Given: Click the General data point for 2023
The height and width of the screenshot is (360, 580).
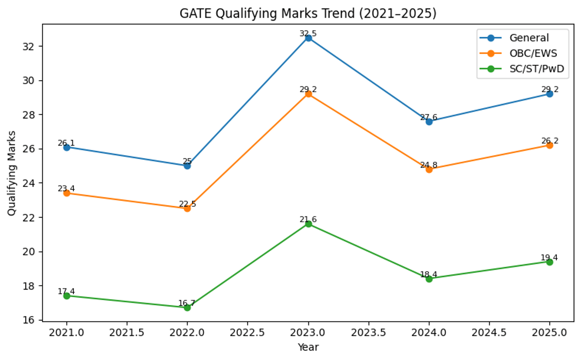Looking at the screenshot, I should (x=308, y=38).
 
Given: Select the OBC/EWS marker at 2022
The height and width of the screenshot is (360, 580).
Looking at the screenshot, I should (x=187, y=208).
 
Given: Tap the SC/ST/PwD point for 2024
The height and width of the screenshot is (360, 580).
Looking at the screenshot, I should (x=429, y=279).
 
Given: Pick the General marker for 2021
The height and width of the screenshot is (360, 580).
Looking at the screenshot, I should (x=67, y=147).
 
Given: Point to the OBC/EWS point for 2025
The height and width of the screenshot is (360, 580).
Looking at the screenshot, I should (x=550, y=145).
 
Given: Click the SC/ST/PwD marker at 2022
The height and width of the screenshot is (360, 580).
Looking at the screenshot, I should (x=187, y=307).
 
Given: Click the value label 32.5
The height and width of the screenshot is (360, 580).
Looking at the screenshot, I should (x=308, y=33).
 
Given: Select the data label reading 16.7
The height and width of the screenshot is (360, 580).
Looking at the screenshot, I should (x=187, y=303).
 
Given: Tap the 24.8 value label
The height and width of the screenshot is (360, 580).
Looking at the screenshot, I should (x=429, y=165).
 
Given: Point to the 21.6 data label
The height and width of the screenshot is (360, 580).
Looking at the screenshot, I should (x=308, y=219).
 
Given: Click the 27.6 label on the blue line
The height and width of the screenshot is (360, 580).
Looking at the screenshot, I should (x=429, y=117).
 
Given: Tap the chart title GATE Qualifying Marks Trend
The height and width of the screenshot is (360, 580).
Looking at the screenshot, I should (x=308, y=14).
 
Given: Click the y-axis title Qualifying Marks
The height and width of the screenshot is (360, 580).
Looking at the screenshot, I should (x=12, y=173).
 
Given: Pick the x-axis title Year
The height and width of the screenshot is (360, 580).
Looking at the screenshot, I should (x=308, y=347).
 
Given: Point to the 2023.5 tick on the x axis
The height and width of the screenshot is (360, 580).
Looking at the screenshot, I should (x=369, y=333).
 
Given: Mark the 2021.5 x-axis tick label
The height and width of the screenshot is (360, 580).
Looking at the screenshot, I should (x=127, y=333).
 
